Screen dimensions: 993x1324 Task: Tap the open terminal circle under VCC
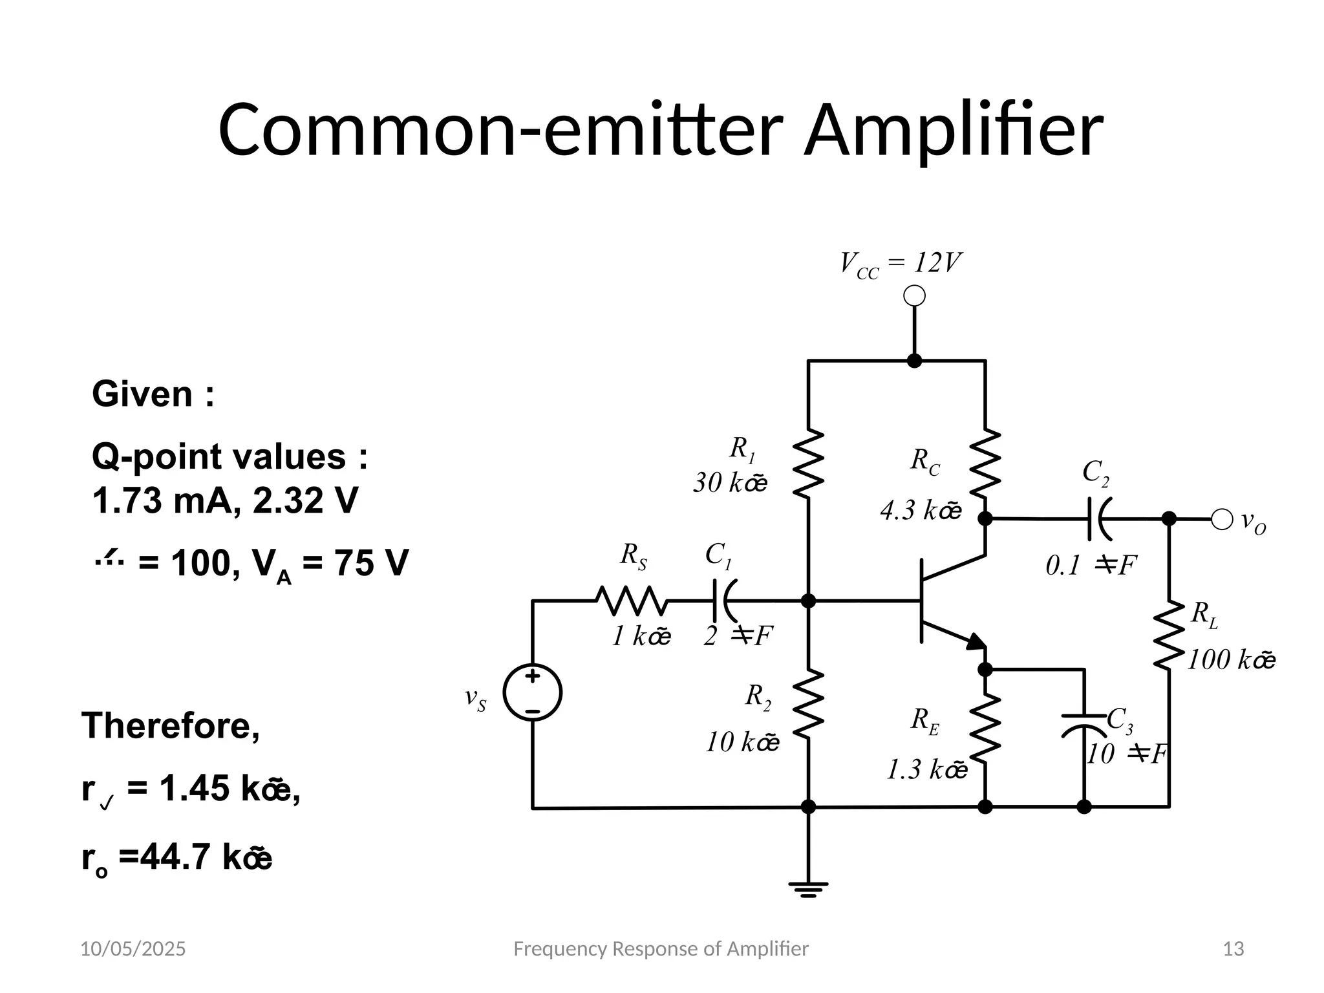coord(914,297)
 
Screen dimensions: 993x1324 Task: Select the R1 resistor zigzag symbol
coord(808,464)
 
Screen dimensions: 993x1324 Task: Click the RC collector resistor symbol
coord(985,464)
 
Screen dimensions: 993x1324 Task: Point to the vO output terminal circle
coord(1221,519)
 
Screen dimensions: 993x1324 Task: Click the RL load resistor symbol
coord(1169,635)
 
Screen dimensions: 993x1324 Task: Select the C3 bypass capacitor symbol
coord(1084,725)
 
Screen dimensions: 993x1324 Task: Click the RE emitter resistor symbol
coord(985,729)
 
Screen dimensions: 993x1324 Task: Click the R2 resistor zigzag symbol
coord(808,703)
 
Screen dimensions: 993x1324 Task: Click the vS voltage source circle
coord(532,693)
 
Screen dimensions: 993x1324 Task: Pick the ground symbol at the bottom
coord(808,890)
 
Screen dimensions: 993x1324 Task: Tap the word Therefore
coord(171,725)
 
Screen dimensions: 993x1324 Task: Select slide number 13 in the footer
coord(1233,949)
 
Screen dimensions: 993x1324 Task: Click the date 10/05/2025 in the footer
coord(133,949)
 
